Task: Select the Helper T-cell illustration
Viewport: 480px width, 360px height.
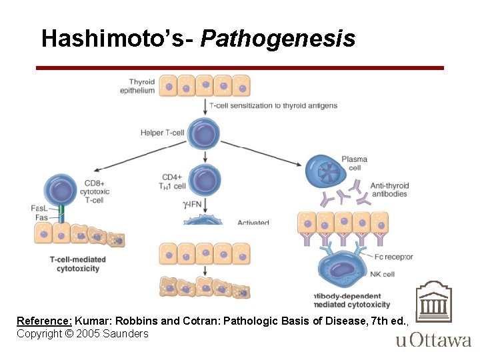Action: coord(205,133)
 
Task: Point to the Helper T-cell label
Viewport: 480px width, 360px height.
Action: coord(162,133)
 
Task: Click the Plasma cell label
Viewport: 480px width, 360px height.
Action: coord(354,163)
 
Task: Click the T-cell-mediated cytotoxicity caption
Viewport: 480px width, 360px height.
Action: coord(75,264)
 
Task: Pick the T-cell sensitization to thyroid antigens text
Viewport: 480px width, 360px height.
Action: coord(273,105)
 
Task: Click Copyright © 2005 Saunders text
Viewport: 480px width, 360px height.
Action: coord(83,333)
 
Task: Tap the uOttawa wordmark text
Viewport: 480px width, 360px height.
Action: coord(433,341)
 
